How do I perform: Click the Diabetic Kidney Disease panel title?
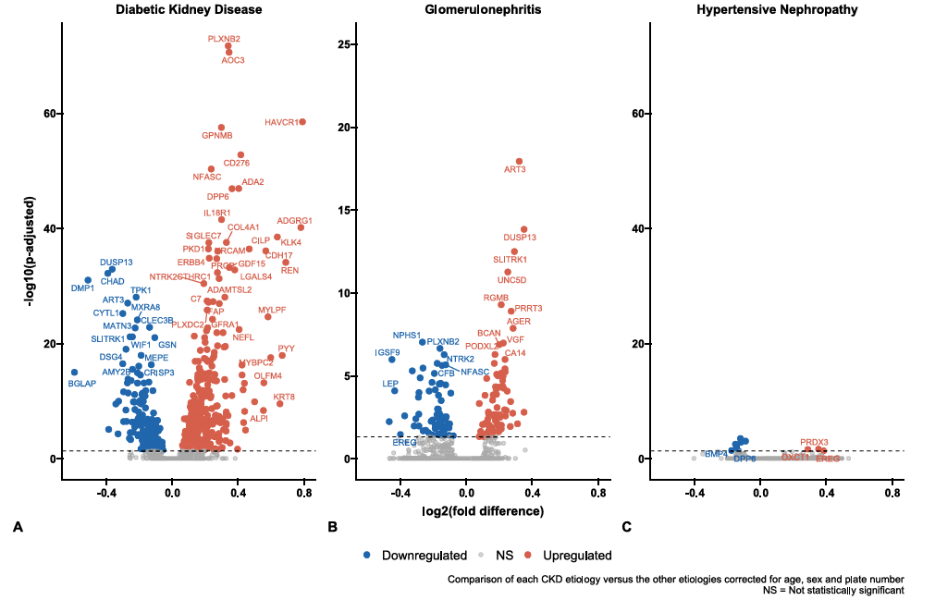tap(189, 10)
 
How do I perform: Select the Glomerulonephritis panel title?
tap(483, 10)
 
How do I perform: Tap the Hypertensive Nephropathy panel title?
tap(776, 10)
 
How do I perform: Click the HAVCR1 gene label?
tap(280, 122)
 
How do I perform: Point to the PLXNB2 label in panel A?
tap(224, 39)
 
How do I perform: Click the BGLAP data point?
tap(75, 372)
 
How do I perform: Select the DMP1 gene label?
tap(82, 288)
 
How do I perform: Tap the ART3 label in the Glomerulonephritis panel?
tap(515, 169)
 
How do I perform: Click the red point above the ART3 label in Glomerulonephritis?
tap(519, 162)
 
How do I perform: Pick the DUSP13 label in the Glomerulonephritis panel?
tap(520, 238)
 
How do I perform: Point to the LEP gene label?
tap(390, 383)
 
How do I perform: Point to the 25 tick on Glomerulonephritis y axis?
tap(342, 44)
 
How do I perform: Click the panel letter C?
tap(626, 527)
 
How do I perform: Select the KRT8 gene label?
tap(284, 397)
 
